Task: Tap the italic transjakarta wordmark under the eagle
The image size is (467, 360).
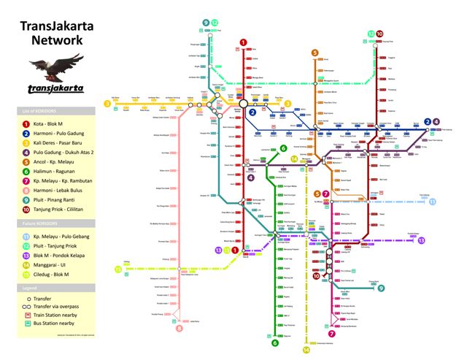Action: (x=55, y=88)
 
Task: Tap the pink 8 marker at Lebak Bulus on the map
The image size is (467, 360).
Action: (x=180, y=329)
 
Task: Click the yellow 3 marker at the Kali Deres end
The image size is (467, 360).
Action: (x=108, y=104)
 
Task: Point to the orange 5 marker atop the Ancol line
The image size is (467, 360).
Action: (x=315, y=53)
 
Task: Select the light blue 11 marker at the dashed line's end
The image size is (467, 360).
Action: (x=432, y=201)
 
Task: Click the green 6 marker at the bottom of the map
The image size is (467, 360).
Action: (x=276, y=342)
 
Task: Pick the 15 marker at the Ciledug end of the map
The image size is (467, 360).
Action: (x=117, y=270)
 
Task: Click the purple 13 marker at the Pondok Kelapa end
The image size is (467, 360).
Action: (x=421, y=240)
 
